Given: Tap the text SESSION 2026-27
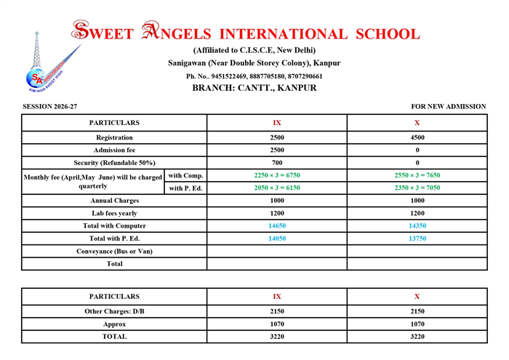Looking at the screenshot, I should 50,107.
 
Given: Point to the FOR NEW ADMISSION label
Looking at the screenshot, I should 449,107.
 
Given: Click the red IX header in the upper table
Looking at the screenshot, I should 276,123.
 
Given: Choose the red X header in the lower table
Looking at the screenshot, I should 417,297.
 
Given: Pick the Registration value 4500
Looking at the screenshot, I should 417,137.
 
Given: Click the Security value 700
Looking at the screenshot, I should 276,162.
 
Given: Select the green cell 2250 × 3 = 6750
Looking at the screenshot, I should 276,175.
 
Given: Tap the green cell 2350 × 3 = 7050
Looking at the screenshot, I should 417,188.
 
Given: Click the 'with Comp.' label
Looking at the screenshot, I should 186,175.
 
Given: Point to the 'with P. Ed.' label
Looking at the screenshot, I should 186,188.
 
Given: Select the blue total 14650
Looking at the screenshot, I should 276,226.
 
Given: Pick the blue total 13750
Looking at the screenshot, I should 417,239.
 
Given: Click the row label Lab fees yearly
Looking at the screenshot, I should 114,213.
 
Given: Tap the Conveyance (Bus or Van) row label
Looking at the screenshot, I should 114,251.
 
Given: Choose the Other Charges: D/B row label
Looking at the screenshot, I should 114,311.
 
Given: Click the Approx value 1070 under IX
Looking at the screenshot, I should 276,324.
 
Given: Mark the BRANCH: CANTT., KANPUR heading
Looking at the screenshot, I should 254,88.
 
